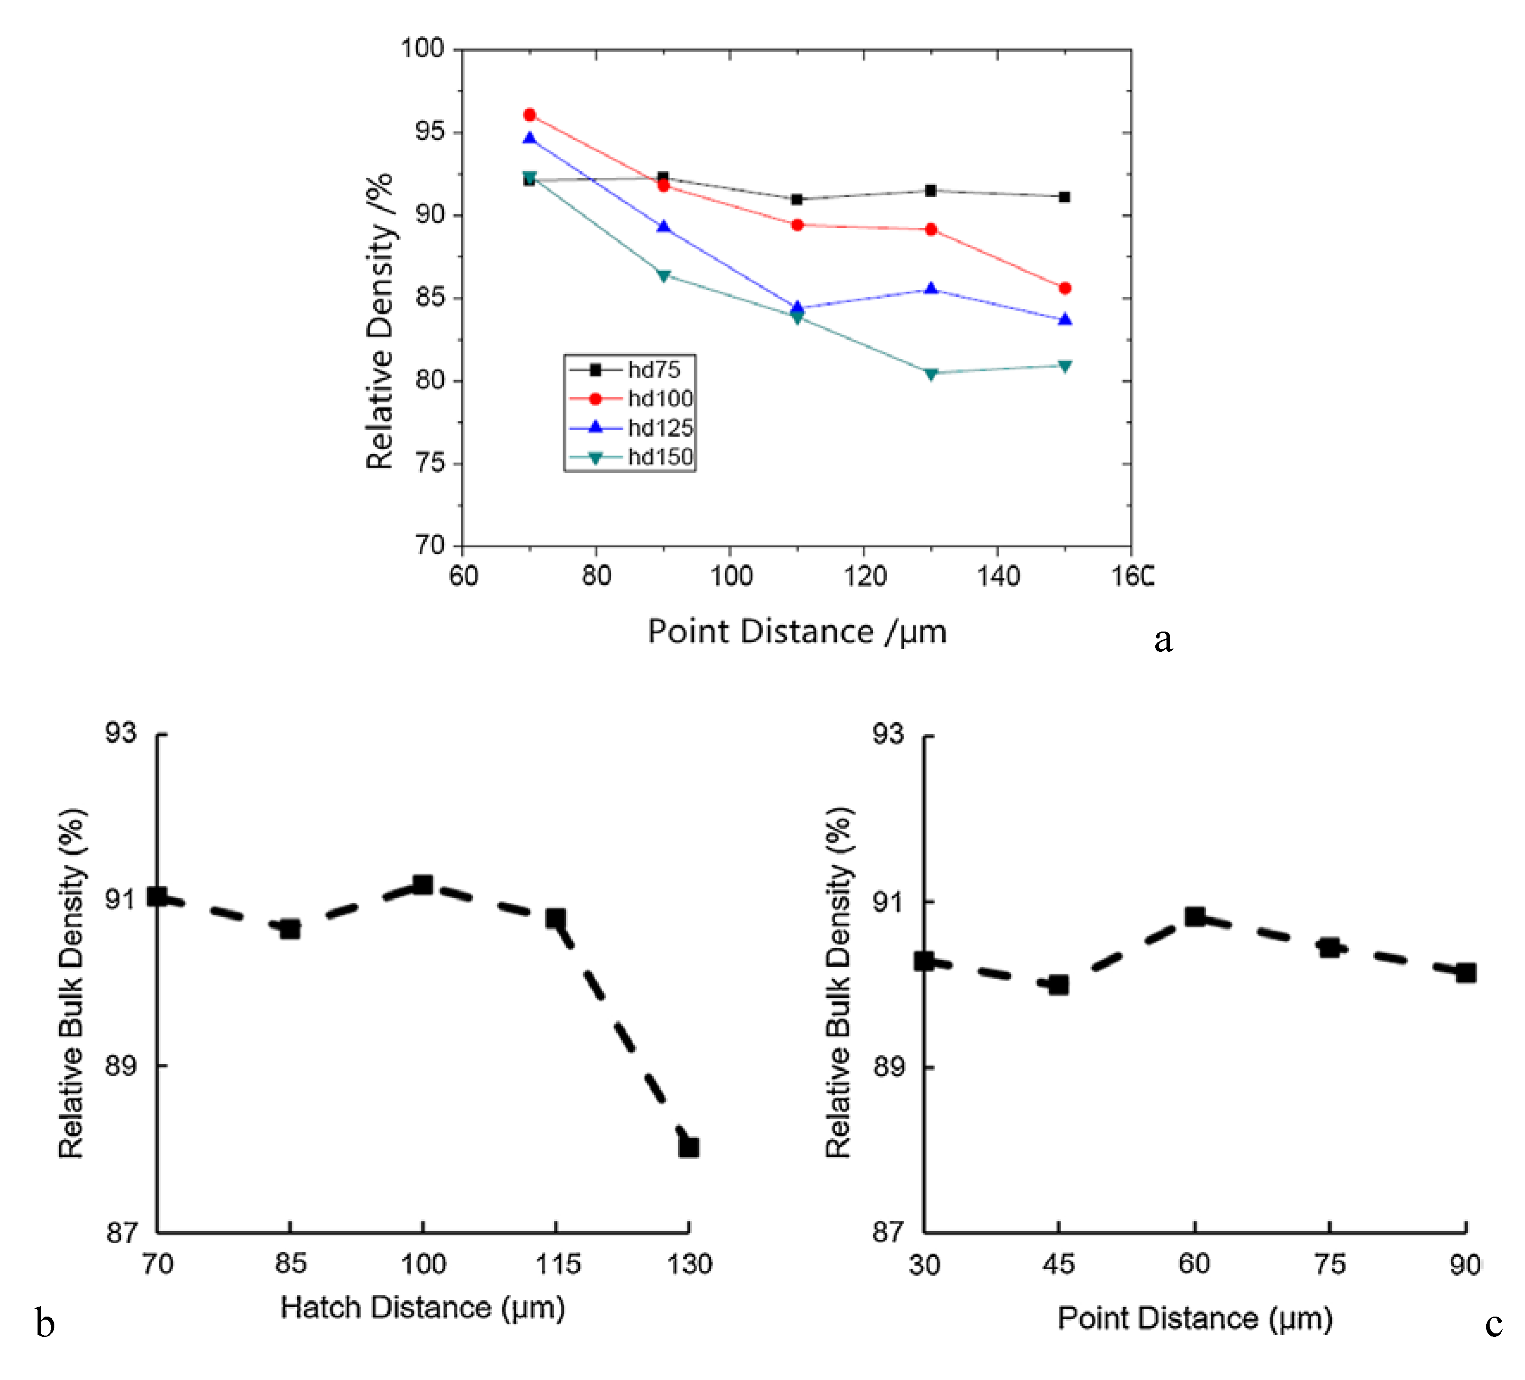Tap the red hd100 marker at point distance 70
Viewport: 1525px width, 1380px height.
coord(529,115)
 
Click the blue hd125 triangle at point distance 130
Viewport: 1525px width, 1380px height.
coord(931,289)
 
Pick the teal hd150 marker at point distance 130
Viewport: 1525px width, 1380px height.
coord(931,374)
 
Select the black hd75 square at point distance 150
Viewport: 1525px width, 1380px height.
coord(1064,197)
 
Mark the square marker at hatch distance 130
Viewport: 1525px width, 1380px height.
coord(689,1147)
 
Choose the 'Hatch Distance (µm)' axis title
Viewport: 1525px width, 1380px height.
coord(423,1308)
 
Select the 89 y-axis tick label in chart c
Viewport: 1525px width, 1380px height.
coord(887,1067)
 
